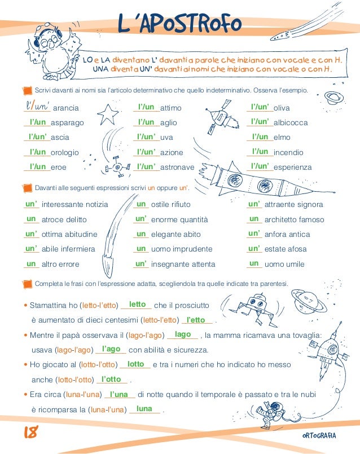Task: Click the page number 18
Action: [30, 432]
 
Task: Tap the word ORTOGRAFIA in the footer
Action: [319, 435]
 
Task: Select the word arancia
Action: [66, 108]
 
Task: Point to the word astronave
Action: [177, 167]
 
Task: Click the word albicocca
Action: [291, 122]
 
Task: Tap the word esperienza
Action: [292, 167]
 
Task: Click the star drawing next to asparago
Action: [107, 114]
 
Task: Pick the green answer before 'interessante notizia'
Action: [31, 204]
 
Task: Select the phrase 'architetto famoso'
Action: [294, 219]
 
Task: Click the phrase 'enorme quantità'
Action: [179, 220]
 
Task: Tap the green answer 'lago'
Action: [183, 334]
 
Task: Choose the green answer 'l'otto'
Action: [111, 379]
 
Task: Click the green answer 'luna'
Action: [144, 408]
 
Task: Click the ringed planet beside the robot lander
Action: [309, 301]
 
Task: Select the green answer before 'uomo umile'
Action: [254, 263]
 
